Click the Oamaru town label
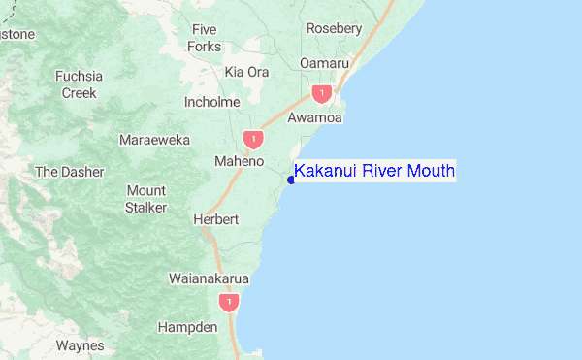click(324, 63)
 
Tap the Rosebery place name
click(334, 28)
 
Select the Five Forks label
click(205, 38)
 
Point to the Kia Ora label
click(246, 72)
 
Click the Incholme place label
click(211, 101)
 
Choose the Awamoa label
click(315, 118)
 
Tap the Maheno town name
click(239, 161)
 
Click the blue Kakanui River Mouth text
click(374, 172)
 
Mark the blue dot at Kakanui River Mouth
click(291, 179)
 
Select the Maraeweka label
click(153, 140)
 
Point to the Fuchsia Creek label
click(80, 84)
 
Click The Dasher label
click(69, 172)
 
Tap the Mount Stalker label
click(145, 199)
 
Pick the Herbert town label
click(215, 219)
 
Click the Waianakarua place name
click(209, 278)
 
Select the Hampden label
click(187, 327)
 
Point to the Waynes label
click(80, 345)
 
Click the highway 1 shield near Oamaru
click(321, 94)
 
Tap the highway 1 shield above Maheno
click(253, 140)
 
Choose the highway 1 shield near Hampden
click(228, 304)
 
